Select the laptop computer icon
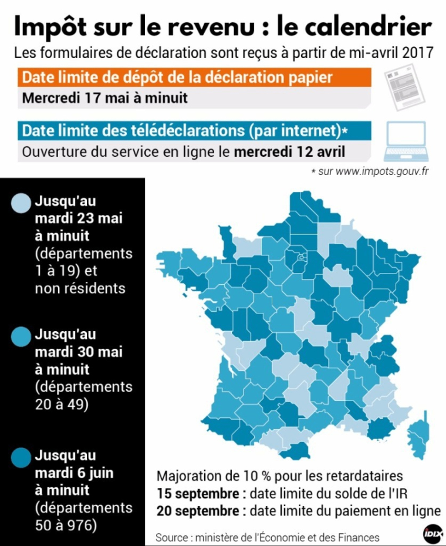click(406, 141)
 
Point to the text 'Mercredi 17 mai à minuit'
click(105, 97)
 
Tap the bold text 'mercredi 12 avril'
click(289, 151)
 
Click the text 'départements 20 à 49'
click(83, 396)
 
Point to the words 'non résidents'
click(80, 288)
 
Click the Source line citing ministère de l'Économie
click(267, 537)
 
